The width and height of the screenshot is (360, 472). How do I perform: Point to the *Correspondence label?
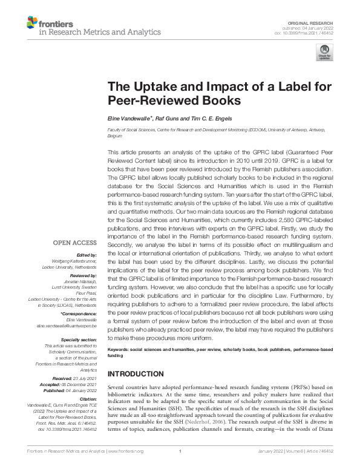pos(80,313)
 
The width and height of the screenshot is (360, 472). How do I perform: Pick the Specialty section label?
pos(77,339)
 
